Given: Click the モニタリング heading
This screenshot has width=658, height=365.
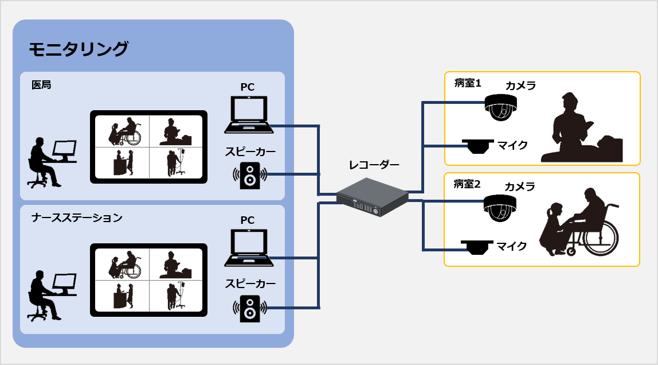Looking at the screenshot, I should [79, 49].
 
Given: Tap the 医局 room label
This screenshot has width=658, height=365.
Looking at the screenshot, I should [41, 85].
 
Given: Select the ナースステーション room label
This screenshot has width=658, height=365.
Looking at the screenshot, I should [77, 218].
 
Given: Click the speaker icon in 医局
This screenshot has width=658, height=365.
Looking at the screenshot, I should [250, 176].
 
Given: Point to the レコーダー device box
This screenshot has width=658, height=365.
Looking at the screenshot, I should [373, 197].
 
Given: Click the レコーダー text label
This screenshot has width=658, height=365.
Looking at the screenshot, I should [374, 165].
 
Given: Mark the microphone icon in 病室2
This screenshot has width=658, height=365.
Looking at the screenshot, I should [476, 247].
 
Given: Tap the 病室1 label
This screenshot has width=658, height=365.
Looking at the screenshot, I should [467, 84].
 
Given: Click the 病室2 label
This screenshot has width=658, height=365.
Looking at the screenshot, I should [467, 184].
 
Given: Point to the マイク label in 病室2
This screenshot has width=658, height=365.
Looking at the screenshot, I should [512, 247].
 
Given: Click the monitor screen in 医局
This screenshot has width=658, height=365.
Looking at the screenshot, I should [149, 146].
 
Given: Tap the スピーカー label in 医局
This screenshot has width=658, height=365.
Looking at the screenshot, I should [250, 152].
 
